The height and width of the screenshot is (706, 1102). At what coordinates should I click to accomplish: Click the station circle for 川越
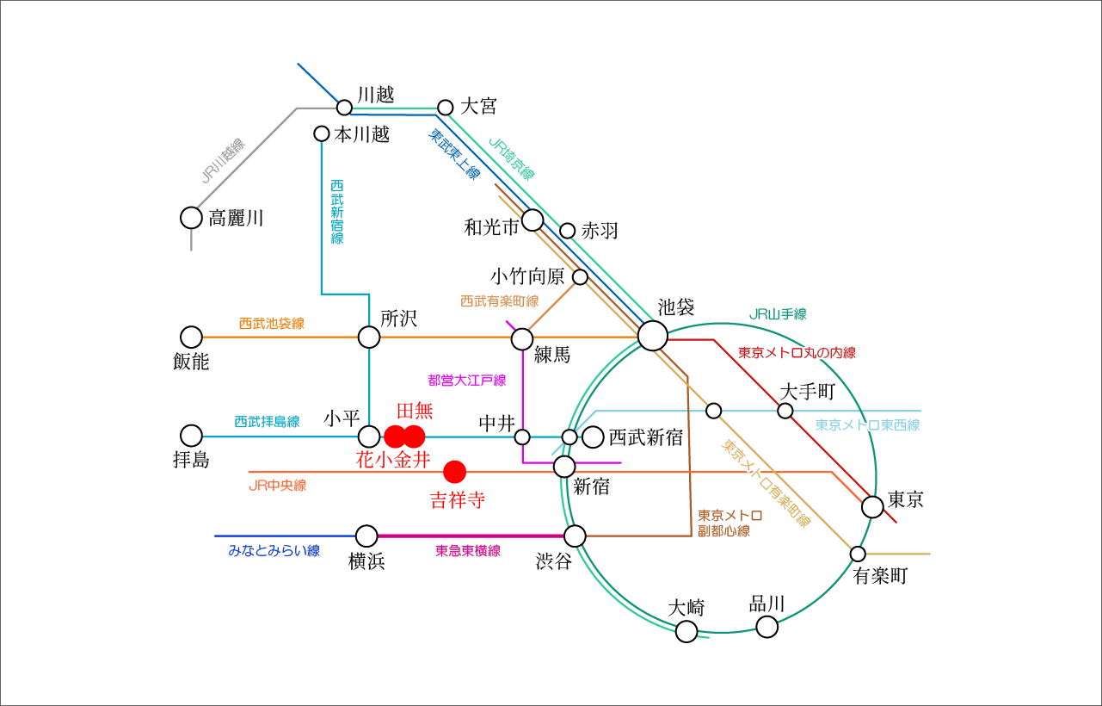coord(344,108)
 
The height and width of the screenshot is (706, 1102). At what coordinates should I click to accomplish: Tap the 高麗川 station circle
coord(191,218)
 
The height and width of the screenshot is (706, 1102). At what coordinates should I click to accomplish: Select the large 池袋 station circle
coord(652,336)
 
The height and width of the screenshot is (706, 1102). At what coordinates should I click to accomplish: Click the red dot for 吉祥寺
coord(454,472)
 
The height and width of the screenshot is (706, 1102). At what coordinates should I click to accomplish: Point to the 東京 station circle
coord(872,507)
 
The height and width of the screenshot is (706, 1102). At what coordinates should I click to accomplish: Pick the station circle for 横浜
coord(366,536)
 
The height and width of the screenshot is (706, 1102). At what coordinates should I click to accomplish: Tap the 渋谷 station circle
coord(575,536)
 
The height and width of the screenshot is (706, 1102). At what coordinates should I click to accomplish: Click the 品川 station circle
coord(766,627)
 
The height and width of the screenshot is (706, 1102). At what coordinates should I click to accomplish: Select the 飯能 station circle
coord(191,337)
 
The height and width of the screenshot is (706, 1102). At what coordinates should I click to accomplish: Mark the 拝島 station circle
coord(191,436)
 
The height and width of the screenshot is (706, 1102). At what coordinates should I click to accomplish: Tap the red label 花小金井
coord(393,460)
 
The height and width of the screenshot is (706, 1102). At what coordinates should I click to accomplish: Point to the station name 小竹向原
coord(527,276)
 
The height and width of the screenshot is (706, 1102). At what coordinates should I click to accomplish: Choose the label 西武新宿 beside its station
coord(645,437)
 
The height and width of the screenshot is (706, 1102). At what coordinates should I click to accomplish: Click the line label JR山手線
coord(777,315)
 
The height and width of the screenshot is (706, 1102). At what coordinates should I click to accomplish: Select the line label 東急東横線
coord(468,551)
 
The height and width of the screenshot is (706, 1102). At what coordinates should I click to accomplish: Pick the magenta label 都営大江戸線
coord(466,380)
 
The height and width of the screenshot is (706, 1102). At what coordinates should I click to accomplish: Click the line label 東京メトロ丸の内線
coord(797,353)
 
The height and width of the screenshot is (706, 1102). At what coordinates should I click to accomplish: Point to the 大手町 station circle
coord(785,411)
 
